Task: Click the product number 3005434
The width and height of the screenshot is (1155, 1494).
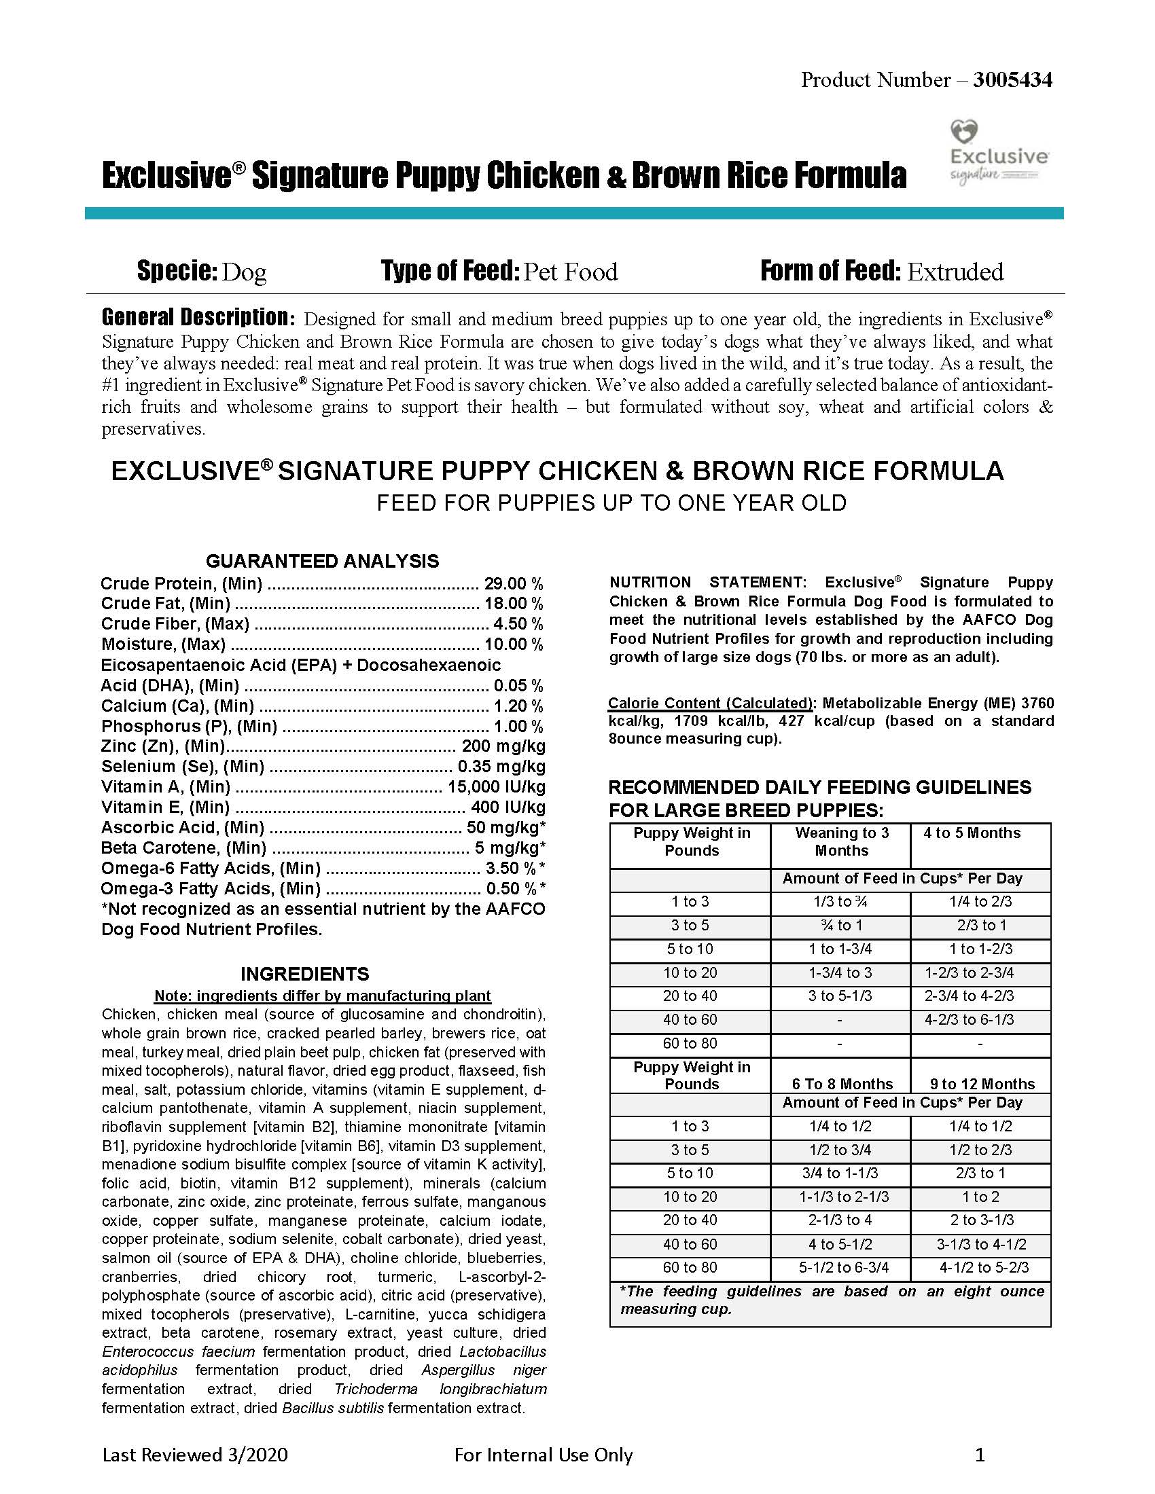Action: click(x=1012, y=80)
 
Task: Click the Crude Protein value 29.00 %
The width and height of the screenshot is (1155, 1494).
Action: click(x=513, y=583)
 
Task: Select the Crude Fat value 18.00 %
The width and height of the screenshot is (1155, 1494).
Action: click(x=513, y=603)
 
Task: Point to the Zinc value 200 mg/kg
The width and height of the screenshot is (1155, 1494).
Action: click(x=503, y=746)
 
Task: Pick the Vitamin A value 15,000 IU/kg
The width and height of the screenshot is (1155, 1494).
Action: click(x=496, y=786)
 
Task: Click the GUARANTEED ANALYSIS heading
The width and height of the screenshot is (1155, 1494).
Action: click(x=322, y=561)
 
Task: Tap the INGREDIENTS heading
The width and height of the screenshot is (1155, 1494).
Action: click(x=304, y=973)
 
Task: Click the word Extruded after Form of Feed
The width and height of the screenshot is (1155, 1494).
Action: click(x=955, y=272)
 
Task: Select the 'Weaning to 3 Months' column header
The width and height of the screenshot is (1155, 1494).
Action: click(x=841, y=841)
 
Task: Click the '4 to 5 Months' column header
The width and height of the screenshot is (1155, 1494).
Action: click(x=972, y=833)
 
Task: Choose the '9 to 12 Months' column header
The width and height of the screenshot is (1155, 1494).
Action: click(x=982, y=1085)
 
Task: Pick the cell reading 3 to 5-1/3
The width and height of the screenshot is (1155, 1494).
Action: click(x=840, y=996)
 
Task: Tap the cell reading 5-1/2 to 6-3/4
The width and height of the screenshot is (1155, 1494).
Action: click(x=844, y=1268)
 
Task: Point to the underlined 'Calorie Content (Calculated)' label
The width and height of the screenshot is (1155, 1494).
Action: click(x=710, y=704)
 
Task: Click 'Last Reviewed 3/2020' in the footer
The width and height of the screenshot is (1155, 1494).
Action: click(x=195, y=1455)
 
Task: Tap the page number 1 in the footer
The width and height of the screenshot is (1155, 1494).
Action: click(x=979, y=1455)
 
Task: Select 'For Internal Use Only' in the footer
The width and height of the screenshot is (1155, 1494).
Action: click(x=544, y=1455)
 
